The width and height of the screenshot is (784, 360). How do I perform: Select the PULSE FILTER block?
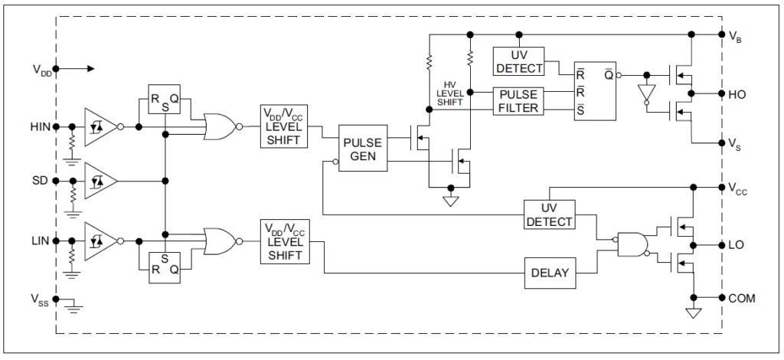point(518,100)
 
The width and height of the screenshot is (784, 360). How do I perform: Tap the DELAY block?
point(549,273)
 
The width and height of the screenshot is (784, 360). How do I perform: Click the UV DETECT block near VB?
point(518,61)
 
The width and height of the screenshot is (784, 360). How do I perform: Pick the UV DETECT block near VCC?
point(549,214)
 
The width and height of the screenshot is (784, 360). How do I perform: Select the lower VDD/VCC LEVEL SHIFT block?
point(285,242)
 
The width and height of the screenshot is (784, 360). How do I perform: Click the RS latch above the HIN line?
point(164,101)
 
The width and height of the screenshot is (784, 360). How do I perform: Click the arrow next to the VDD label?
point(80,69)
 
